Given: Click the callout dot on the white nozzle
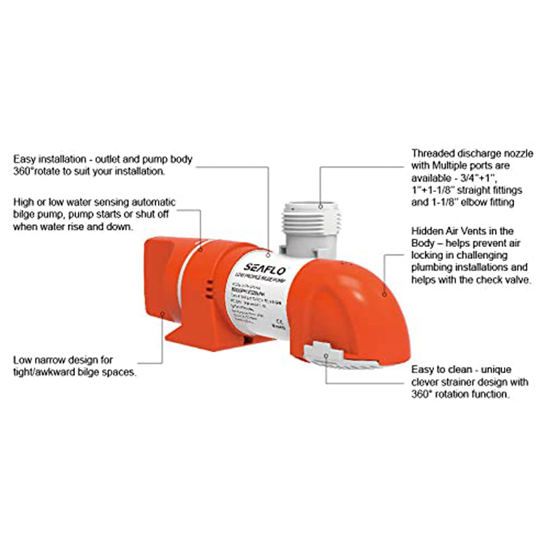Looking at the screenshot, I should [x=320, y=205].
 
